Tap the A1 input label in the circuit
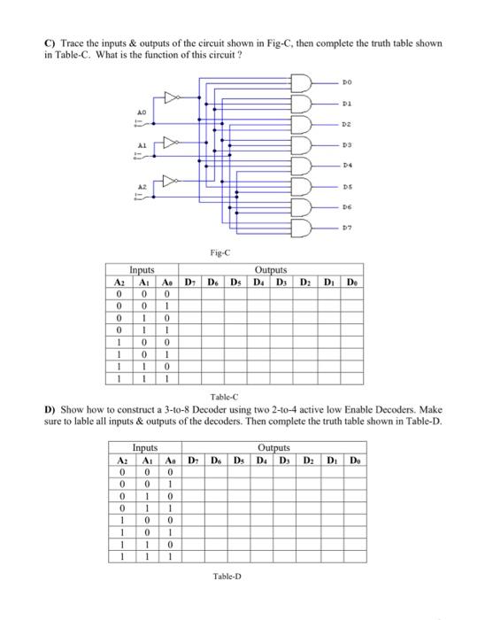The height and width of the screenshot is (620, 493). click(138, 143)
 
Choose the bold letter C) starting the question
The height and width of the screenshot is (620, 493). click(50, 45)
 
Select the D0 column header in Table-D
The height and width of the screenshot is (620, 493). click(353, 460)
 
